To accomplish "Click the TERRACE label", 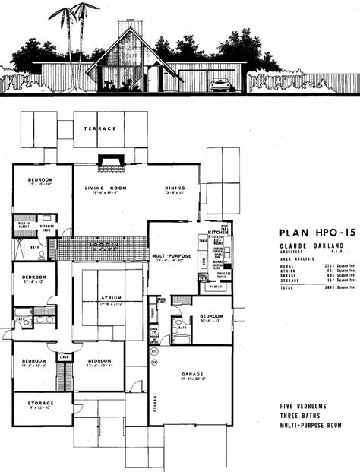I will click(99, 129).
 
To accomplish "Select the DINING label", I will click(176, 188).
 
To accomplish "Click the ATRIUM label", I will click(109, 298).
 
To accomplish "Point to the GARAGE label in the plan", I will click(192, 374).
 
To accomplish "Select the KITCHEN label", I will click(218, 237).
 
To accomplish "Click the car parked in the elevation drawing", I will click(223, 85).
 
